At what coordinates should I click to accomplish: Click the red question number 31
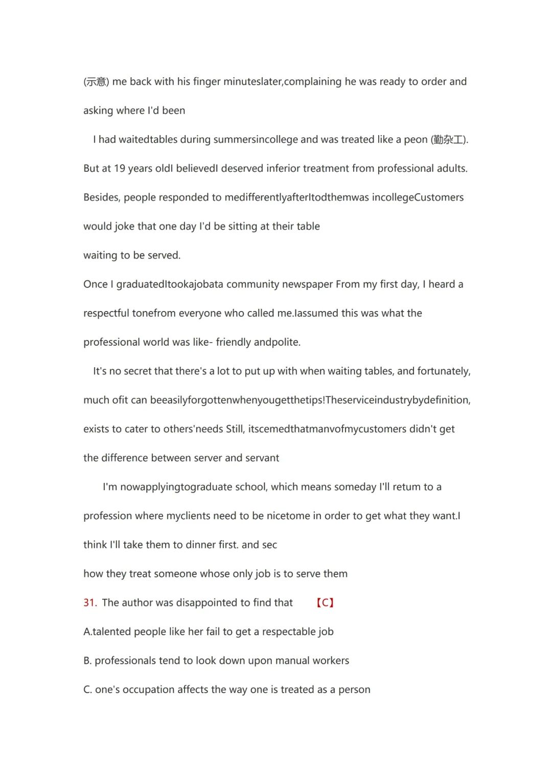coord(89,603)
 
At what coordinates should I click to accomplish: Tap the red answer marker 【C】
coord(325,603)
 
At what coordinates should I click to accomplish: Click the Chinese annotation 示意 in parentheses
coord(96,82)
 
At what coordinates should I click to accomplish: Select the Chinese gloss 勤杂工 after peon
coord(449,140)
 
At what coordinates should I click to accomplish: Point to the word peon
coord(416,140)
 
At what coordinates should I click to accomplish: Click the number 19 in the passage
coord(120,169)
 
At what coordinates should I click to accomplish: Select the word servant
coord(262,458)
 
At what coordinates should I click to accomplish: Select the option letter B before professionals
coord(87,661)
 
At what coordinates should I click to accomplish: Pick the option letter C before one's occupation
coord(87,690)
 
